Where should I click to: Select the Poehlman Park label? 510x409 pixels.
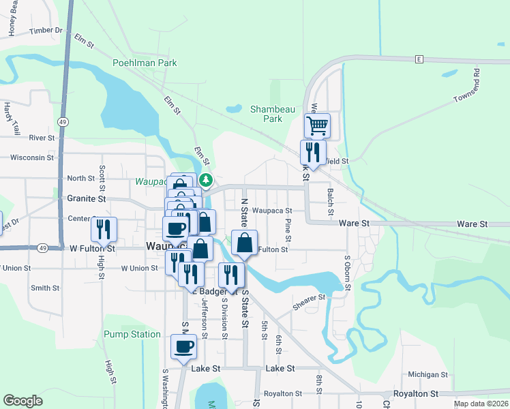[x=145, y=63]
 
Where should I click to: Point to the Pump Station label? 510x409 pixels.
[x=132, y=335]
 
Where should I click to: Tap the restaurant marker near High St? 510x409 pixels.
[x=104, y=230]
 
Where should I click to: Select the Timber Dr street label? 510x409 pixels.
[x=46, y=30]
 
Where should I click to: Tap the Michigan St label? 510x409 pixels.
[x=427, y=374]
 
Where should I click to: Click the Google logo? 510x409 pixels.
[x=22, y=401]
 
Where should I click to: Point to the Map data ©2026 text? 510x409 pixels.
[x=480, y=404]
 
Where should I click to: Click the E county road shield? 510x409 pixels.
[x=420, y=59]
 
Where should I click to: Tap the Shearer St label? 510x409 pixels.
[x=309, y=300]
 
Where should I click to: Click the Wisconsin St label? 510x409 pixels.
[x=32, y=157]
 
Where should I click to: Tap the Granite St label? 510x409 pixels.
[x=87, y=199]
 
